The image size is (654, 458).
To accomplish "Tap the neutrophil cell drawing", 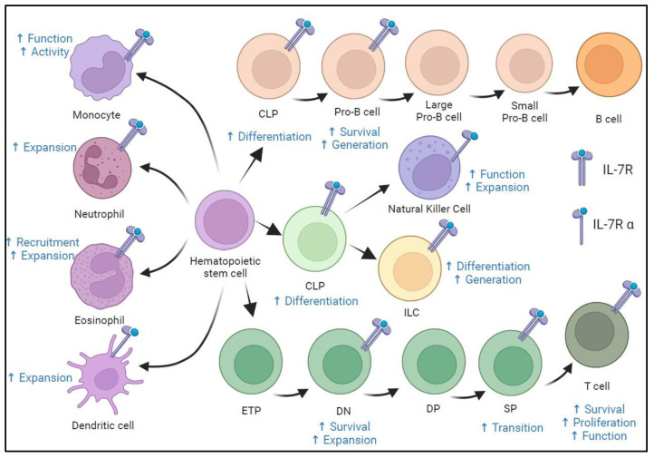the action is [102, 168].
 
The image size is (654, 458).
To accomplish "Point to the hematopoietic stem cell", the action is [225, 219].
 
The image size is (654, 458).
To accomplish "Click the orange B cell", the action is [609, 64].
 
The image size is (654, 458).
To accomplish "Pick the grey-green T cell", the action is [597, 335].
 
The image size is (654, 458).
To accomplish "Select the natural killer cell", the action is [430, 168].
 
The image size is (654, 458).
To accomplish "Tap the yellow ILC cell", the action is [410, 268].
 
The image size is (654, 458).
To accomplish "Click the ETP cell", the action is [251, 362].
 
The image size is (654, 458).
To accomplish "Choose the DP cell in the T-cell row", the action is [434, 361].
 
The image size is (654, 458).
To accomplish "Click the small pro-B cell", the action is [524, 63].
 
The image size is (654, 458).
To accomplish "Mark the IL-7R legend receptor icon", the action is [582, 168].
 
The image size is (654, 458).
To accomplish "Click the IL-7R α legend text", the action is [613, 225].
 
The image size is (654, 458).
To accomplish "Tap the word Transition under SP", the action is [517, 427].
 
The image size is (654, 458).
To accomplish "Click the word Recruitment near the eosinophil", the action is [47, 242].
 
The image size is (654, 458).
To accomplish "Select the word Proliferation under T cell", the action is [604, 423].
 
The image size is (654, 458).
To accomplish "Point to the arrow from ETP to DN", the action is [290, 394].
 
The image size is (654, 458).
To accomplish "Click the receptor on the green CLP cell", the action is [332, 197].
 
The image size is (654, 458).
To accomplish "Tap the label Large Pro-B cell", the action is [438, 111].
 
